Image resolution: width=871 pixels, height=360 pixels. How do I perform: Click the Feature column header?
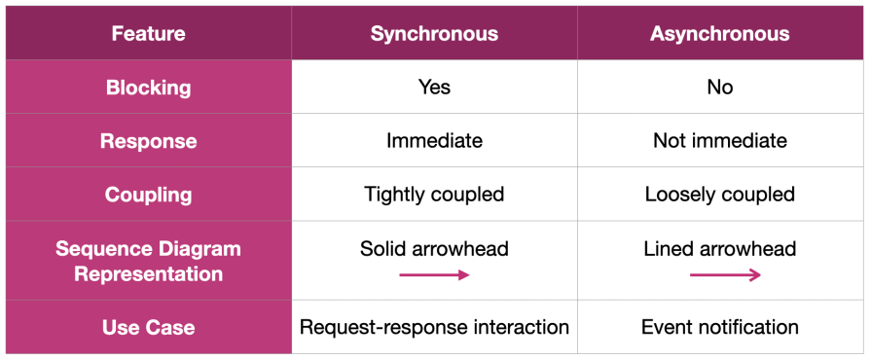point(148,34)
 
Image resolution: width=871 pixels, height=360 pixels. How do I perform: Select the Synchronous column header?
point(434,34)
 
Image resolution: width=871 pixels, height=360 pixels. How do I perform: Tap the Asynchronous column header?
point(720,34)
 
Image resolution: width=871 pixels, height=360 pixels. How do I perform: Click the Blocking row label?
point(148,88)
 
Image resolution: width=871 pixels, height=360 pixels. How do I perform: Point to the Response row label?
point(148,141)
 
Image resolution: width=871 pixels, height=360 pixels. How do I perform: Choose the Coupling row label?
point(148,195)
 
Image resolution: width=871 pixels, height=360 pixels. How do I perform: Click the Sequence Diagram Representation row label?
point(148,261)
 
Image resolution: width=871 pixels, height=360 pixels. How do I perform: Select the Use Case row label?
point(148,327)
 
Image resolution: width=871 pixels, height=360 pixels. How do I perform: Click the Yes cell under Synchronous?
point(434,88)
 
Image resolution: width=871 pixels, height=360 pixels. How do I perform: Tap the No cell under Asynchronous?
point(720,88)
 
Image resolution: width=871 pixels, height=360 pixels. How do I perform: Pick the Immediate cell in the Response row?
point(434,141)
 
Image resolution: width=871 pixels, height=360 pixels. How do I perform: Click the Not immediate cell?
point(720,141)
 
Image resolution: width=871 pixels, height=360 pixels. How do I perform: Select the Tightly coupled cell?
point(434,195)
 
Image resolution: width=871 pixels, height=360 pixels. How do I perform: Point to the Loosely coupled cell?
point(720,195)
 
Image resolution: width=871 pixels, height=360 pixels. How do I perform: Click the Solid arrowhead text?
point(434,249)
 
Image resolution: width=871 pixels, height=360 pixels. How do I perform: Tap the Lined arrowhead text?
point(720,249)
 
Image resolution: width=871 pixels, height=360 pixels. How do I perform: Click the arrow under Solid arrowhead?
point(434,275)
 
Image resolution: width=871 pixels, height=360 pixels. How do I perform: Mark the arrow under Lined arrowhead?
point(725,275)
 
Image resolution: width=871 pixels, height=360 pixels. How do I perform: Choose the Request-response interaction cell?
point(434,327)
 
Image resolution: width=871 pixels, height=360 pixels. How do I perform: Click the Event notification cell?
point(720,327)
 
